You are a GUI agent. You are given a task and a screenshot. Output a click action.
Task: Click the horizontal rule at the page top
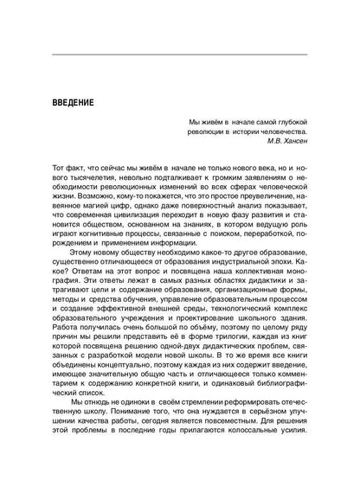(x=180, y=54)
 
